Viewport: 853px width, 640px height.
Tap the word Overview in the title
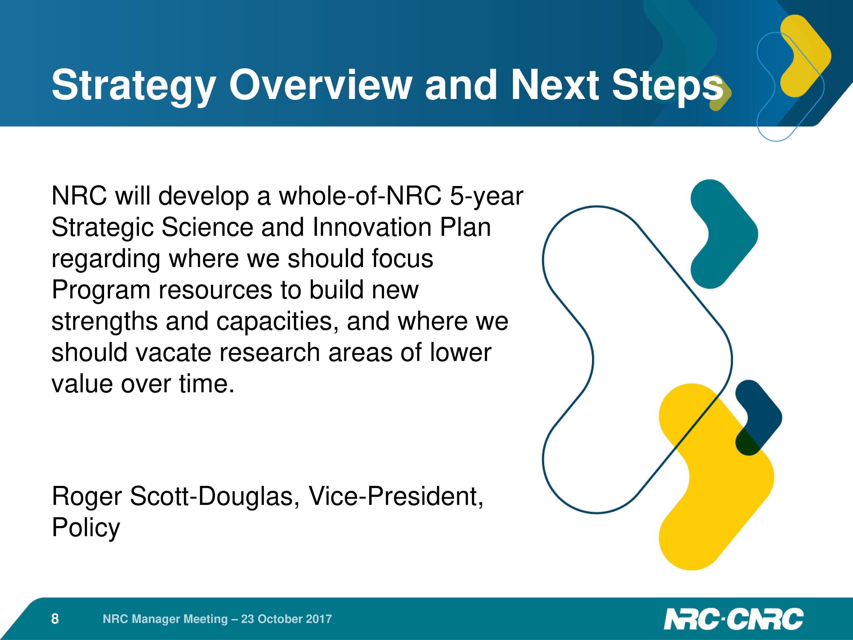tap(320, 84)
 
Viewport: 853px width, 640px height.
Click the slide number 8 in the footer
tap(55, 619)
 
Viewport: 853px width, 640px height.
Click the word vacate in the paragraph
tap(173, 353)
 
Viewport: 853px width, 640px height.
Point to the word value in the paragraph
tap(84, 384)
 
